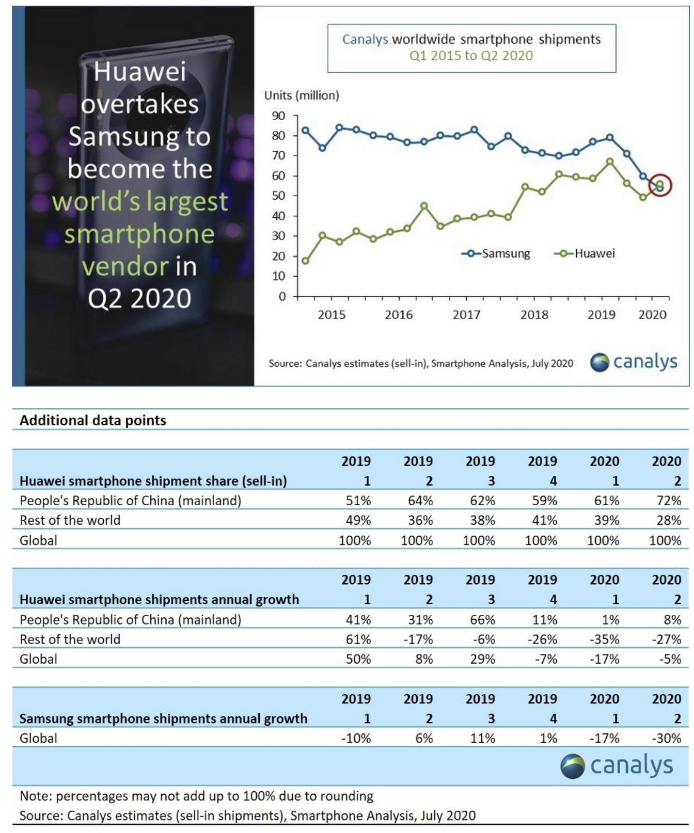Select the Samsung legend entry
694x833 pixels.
496,253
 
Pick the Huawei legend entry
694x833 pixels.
585,253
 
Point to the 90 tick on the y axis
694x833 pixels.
279,116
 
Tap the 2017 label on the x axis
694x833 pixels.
466,314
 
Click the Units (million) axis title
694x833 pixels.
302,95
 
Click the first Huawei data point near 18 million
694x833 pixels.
305,261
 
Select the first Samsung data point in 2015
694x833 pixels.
305,131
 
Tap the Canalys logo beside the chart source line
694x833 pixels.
634,362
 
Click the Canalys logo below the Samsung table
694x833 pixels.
617,766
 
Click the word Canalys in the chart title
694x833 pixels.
365,40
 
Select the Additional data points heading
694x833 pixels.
93,420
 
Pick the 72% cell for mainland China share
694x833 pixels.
669,501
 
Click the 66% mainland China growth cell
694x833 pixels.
482,619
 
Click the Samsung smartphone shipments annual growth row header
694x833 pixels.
163,718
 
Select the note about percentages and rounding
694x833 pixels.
196,796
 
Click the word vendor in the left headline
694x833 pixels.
125,266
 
